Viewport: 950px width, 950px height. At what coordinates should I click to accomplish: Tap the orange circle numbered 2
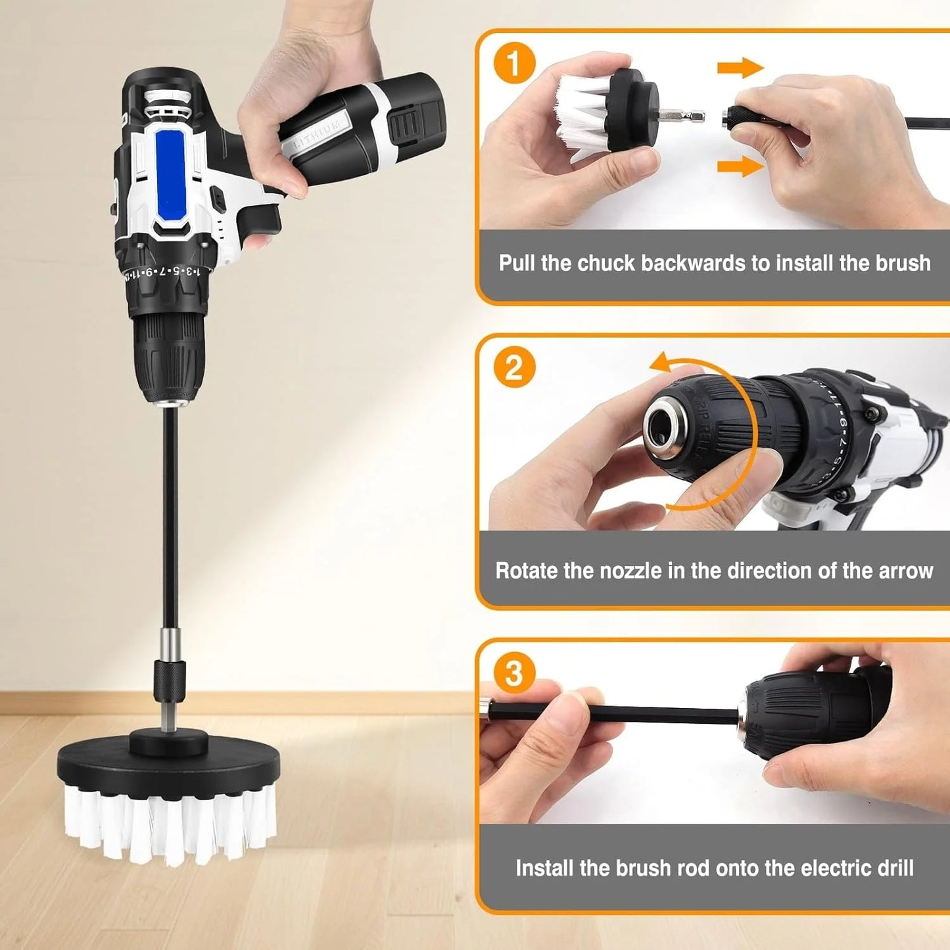[x=513, y=368]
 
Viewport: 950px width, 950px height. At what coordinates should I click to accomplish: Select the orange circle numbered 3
[x=513, y=673]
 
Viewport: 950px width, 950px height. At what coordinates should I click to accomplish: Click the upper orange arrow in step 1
[x=740, y=67]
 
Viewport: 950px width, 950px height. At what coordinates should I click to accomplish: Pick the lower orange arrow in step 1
[x=740, y=166]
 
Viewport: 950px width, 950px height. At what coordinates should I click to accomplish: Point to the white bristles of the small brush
[x=582, y=117]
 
